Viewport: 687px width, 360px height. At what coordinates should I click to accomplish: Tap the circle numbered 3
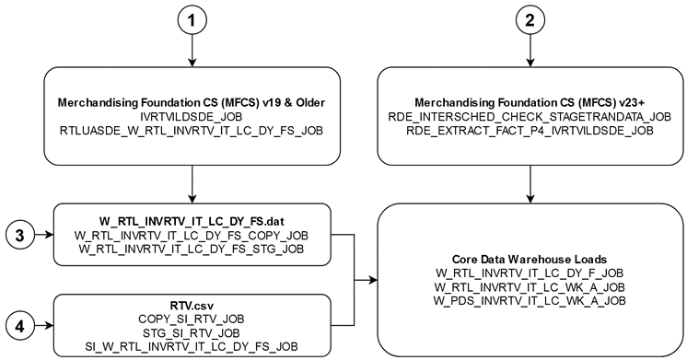pyautogui.click(x=21, y=236)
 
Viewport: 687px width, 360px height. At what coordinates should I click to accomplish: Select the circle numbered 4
pyautogui.click(x=21, y=324)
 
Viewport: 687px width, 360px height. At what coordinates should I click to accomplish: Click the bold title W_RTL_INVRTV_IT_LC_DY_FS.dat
pyautogui.click(x=190, y=221)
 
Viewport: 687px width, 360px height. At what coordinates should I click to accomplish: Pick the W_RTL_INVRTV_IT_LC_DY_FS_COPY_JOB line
pyautogui.click(x=190, y=236)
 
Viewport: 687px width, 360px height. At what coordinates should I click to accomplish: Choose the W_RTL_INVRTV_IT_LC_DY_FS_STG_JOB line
pyautogui.click(x=190, y=250)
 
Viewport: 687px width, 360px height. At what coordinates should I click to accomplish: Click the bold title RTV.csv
pyautogui.click(x=190, y=302)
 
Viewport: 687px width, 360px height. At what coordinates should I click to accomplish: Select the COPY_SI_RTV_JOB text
pyautogui.click(x=190, y=317)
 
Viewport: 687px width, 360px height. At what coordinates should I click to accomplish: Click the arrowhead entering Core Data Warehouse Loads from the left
pyautogui.click(x=372, y=279)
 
